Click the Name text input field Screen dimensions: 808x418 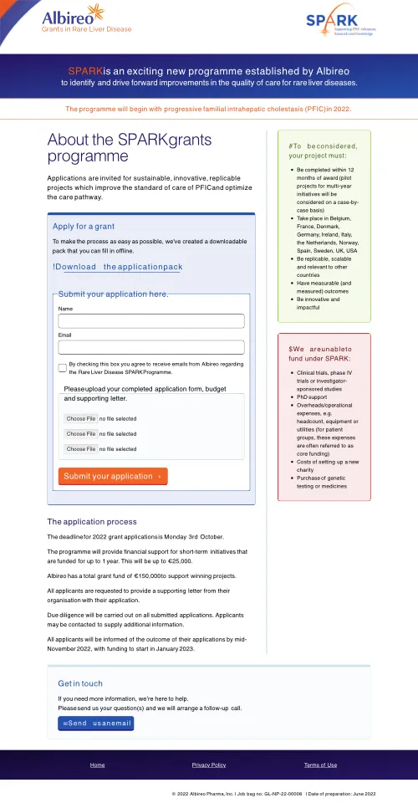[x=151, y=321]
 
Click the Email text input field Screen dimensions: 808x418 [x=151, y=347]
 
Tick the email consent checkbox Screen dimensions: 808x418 [x=63, y=368]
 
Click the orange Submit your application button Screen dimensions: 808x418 [x=113, y=476]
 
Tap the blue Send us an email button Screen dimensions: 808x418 [x=95, y=723]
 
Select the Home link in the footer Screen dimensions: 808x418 [x=97, y=765]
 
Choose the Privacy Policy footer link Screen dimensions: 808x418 [x=209, y=765]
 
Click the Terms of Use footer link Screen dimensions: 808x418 [x=320, y=765]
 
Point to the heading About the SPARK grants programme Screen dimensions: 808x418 [x=130, y=148]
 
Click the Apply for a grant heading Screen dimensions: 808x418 [x=84, y=227]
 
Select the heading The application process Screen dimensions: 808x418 [x=92, y=522]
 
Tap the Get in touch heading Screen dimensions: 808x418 [x=80, y=683]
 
